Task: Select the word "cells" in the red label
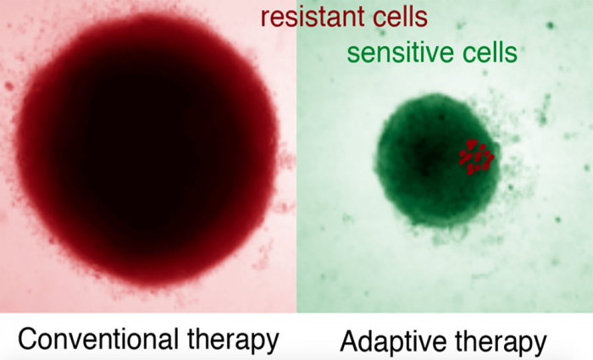point(400,17)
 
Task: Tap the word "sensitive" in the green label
point(402,53)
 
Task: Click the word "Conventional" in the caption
point(98,339)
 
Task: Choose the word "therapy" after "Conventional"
point(233,341)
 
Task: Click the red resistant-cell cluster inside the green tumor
point(476,157)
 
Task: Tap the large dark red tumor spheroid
point(147,151)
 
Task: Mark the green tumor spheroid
point(437,160)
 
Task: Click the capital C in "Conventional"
point(27,339)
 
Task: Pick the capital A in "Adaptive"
point(350,341)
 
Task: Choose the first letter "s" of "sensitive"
point(353,55)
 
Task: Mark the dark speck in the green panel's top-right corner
point(550,25)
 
